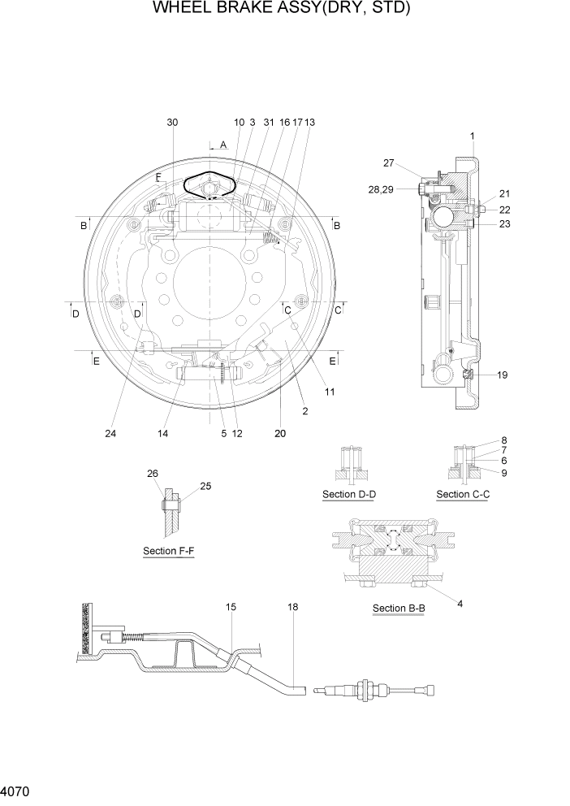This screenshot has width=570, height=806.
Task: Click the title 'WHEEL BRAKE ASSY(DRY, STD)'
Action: point(281,10)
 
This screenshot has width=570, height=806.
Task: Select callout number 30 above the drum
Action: point(172,122)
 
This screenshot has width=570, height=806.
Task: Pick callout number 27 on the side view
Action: point(389,163)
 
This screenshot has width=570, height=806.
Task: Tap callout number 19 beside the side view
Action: point(503,375)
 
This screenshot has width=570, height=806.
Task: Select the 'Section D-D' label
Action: point(349,495)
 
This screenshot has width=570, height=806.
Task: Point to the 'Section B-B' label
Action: point(398,609)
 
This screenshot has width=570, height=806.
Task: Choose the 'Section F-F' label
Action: point(168,551)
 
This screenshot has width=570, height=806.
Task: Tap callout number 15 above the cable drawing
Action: point(231,607)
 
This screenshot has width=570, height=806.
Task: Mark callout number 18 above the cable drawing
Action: point(291,607)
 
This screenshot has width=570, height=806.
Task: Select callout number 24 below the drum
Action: point(110,433)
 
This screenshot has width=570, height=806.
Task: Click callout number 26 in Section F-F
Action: point(152,473)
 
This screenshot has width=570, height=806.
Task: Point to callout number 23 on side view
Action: point(504,225)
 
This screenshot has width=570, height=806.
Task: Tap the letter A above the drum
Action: point(223,145)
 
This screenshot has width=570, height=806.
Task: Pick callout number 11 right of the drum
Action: point(330,392)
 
